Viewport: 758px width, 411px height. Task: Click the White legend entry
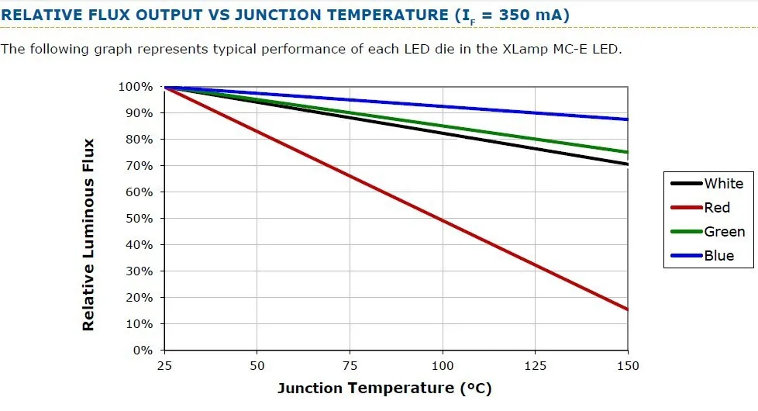[723, 184]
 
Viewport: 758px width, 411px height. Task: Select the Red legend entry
[717, 208]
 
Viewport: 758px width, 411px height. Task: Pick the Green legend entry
[724, 232]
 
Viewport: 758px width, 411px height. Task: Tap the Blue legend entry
[718, 256]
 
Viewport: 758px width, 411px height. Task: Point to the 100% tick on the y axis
[136, 86]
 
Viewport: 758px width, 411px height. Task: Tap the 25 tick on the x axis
[164, 365]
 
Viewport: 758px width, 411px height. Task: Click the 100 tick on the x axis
[443, 365]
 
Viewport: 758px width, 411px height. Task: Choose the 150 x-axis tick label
[628, 365]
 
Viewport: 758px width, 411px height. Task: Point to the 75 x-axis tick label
[350, 365]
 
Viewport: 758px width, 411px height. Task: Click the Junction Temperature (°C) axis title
[384, 388]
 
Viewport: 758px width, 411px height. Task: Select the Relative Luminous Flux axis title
[88, 235]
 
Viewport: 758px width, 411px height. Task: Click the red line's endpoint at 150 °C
[627, 309]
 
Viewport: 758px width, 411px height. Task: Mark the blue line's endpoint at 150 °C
[627, 119]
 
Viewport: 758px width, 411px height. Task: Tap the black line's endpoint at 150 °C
[627, 164]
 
